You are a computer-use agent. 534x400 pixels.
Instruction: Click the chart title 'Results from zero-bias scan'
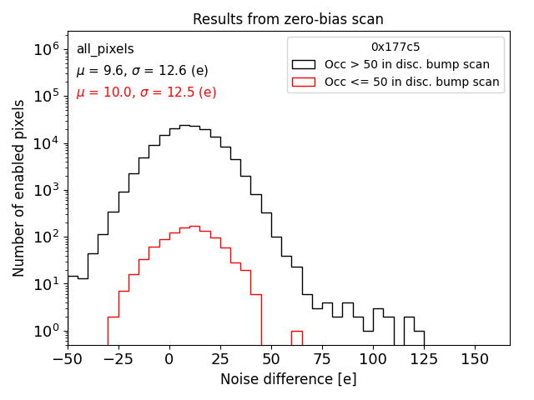288,19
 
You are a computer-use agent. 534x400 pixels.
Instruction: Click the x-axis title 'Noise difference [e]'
288,379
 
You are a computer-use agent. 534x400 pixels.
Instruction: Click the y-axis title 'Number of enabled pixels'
18,192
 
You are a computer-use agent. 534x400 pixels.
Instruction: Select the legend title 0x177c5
395,47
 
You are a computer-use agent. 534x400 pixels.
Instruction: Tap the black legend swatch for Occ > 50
304,64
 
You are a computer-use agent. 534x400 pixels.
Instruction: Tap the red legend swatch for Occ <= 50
304,82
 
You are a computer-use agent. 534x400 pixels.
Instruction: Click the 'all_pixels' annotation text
105,49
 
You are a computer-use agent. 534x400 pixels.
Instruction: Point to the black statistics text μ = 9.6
142,71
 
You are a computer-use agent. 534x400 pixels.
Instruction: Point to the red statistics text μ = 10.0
146,92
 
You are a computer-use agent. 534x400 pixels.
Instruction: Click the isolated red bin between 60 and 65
297,337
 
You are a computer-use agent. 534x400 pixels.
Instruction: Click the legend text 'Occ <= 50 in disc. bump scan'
411,82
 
